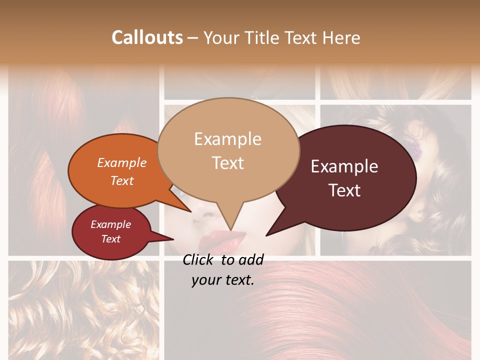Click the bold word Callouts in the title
pos(147,37)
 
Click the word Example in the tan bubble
pos(227,139)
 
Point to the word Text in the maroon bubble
pos(344,190)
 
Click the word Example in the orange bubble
pos(121,162)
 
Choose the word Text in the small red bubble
pos(110,239)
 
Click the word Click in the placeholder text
pos(199,259)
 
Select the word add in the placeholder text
pos(251,259)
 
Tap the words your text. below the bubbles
pos(222,280)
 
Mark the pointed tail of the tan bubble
pos(230,228)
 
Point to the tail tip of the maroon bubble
pos(267,234)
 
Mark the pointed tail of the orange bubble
pos(189,210)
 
